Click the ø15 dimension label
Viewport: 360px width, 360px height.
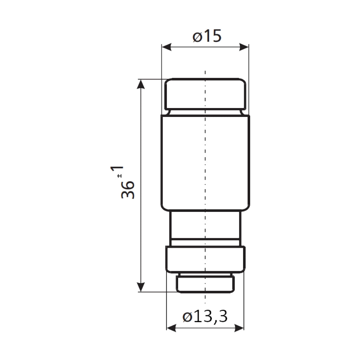[207, 36]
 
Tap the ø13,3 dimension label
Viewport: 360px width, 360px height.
[205, 316]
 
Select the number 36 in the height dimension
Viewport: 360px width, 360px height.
[128, 189]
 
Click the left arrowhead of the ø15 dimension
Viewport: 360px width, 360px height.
[166, 47]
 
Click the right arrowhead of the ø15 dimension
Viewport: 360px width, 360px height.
[244, 47]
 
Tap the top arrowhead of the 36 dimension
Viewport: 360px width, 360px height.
[141, 84]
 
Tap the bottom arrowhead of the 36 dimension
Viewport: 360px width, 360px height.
[141, 287]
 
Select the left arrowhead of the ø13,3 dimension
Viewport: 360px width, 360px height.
[171, 328]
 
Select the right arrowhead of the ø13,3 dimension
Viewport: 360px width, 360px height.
[239, 328]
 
